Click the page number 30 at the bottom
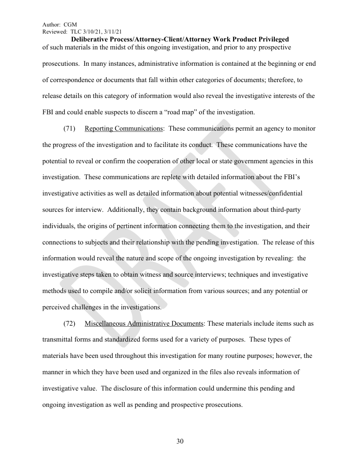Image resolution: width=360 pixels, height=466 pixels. (180, 441)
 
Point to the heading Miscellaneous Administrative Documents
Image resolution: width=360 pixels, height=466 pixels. (144, 323)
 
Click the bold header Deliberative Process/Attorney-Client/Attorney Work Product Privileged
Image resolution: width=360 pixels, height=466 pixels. (180, 39)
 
